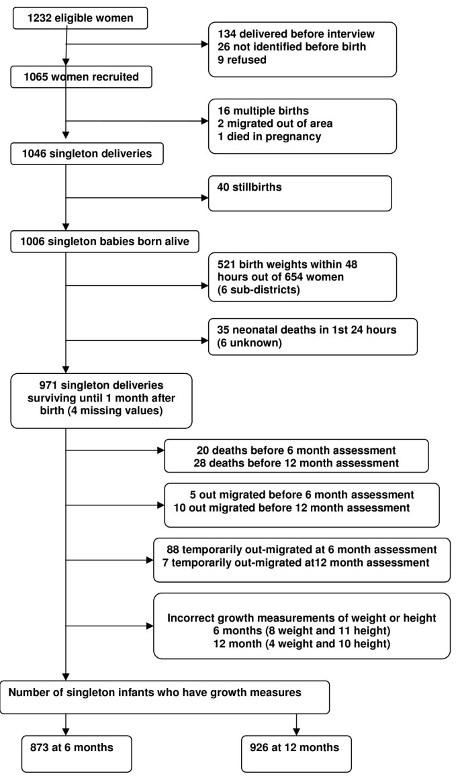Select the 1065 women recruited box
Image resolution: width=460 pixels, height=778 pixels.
[81, 77]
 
